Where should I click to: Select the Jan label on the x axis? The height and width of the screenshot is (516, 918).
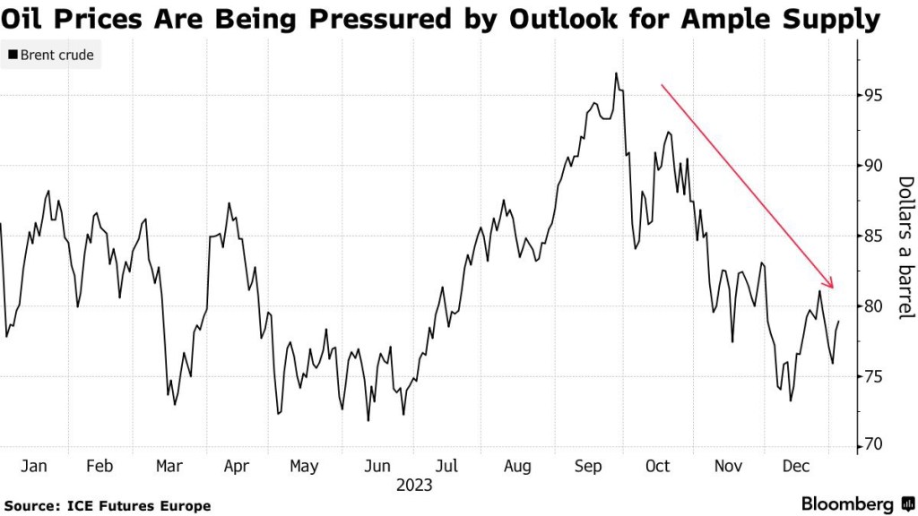pos(33,466)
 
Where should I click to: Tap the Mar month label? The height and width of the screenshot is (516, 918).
pos(169,466)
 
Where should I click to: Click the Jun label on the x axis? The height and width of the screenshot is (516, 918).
pos(377,466)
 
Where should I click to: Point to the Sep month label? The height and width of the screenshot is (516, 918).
pos(588,466)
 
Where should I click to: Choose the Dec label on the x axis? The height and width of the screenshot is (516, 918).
pos(796,466)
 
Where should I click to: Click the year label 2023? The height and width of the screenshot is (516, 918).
pos(413,485)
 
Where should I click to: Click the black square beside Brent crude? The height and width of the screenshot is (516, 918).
pos(12,56)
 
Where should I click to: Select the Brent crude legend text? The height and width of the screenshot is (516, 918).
pos(56,56)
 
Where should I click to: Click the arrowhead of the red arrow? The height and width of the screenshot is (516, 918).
pos(832,286)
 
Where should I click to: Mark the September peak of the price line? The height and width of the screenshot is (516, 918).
pos(616,73)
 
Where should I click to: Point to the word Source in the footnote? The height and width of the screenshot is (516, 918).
pos(30,506)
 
